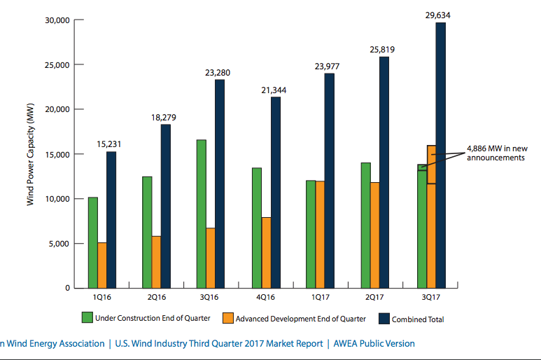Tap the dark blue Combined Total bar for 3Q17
pyautogui.click(x=441, y=154)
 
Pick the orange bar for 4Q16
pyautogui.click(x=267, y=252)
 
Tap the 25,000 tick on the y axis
pyautogui.click(x=55, y=65)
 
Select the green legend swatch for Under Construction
pyautogui.click(x=87, y=318)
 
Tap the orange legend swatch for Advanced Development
pyautogui.click(x=227, y=318)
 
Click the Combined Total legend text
pyautogui.click(x=418, y=319)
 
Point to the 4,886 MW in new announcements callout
pyautogui.click(x=496, y=153)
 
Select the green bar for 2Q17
pyautogui.click(x=366, y=225)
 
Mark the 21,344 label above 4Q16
pyautogui.click(x=274, y=90)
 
